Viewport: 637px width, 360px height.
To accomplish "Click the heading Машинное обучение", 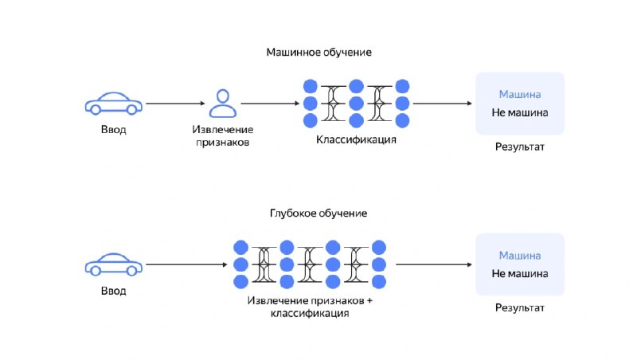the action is pos(319,52).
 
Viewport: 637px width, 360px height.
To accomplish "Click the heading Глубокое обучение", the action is pos(318,213).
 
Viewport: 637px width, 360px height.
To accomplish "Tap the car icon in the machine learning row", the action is pos(113,104).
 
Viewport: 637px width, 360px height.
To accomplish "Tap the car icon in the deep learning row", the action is pos(113,264).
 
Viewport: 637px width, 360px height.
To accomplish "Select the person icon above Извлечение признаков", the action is pos(223,104).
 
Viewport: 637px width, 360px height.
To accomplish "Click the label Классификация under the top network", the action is pos(356,139).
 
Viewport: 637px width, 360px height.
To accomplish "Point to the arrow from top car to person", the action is pos(175,104).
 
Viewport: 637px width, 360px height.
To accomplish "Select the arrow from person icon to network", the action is pos(270,104).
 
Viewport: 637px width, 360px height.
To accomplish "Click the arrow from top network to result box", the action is pos(443,104).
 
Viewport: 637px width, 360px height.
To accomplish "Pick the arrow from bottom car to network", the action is pos(186,264).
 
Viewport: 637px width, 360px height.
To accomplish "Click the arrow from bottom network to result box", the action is pos(434,264).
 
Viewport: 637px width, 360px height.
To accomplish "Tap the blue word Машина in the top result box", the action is pos(520,94).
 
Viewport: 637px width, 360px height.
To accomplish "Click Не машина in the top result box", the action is pos(520,112).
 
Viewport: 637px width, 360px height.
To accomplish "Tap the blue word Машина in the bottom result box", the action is pos(520,256).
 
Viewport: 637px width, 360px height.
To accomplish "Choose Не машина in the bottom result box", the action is pos(520,274).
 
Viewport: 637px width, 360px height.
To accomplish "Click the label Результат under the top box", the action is pos(520,147).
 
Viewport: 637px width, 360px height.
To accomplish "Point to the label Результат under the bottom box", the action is pos(520,307).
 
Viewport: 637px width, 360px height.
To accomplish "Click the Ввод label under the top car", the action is pos(113,130).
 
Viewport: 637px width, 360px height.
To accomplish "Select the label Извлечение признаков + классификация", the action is pos(310,307).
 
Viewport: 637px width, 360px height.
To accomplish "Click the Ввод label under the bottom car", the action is pos(113,291).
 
